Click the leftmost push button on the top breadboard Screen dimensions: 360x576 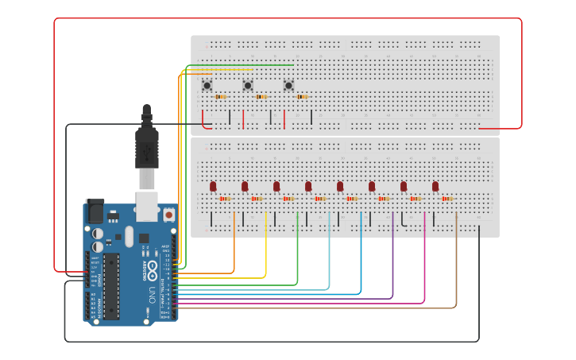click(207, 85)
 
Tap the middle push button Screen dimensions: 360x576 click(248, 85)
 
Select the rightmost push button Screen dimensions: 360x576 click(288, 85)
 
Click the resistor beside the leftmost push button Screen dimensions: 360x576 click(220, 97)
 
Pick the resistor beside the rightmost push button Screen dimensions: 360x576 click(302, 97)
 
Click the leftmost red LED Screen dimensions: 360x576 click(213, 187)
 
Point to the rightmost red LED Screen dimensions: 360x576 click(435, 187)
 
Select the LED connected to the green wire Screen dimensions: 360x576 click(276, 187)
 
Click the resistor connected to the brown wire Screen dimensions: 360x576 click(446, 199)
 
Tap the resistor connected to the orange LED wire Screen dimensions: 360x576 click(225, 199)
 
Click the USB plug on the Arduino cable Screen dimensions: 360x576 click(146, 151)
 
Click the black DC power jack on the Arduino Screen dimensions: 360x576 click(94, 211)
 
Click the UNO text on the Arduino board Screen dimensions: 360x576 click(152, 294)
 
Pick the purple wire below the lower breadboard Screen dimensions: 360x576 click(392, 262)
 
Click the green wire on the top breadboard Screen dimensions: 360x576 click(238, 65)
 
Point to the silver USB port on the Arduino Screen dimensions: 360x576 click(146, 204)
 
